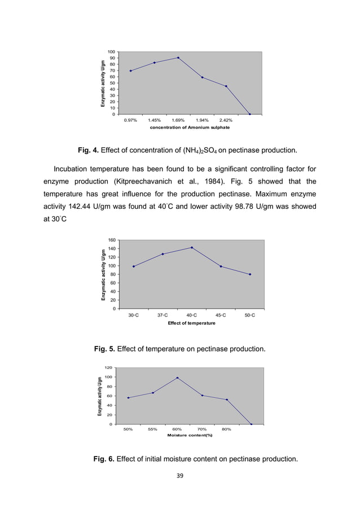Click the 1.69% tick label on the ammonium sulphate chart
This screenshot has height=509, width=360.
tap(178, 120)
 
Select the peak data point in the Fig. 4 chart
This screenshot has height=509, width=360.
tap(178, 58)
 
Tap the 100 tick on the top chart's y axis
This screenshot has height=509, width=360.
tap(113, 52)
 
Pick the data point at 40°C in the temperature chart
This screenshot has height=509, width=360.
tap(192, 248)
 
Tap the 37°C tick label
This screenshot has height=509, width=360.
tap(163, 315)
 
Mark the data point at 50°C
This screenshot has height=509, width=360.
tap(250, 274)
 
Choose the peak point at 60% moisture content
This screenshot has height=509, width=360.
tap(177, 378)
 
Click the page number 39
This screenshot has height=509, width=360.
tap(180, 476)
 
